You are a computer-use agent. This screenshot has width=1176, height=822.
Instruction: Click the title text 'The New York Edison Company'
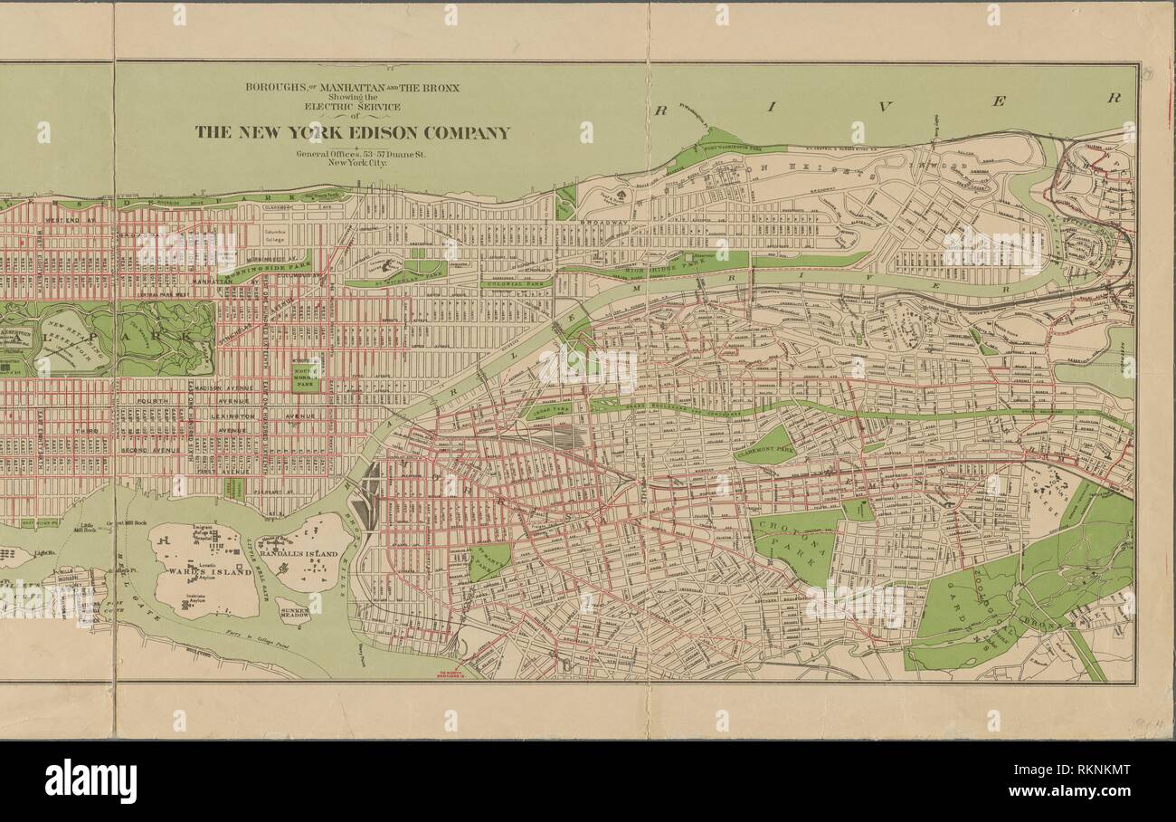click(353, 132)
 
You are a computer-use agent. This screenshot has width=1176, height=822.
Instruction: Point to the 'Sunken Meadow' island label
click(294, 611)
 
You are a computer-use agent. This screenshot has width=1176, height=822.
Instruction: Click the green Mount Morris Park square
click(305, 372)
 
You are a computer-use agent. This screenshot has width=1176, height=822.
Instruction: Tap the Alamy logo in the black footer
click(90, 781)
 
